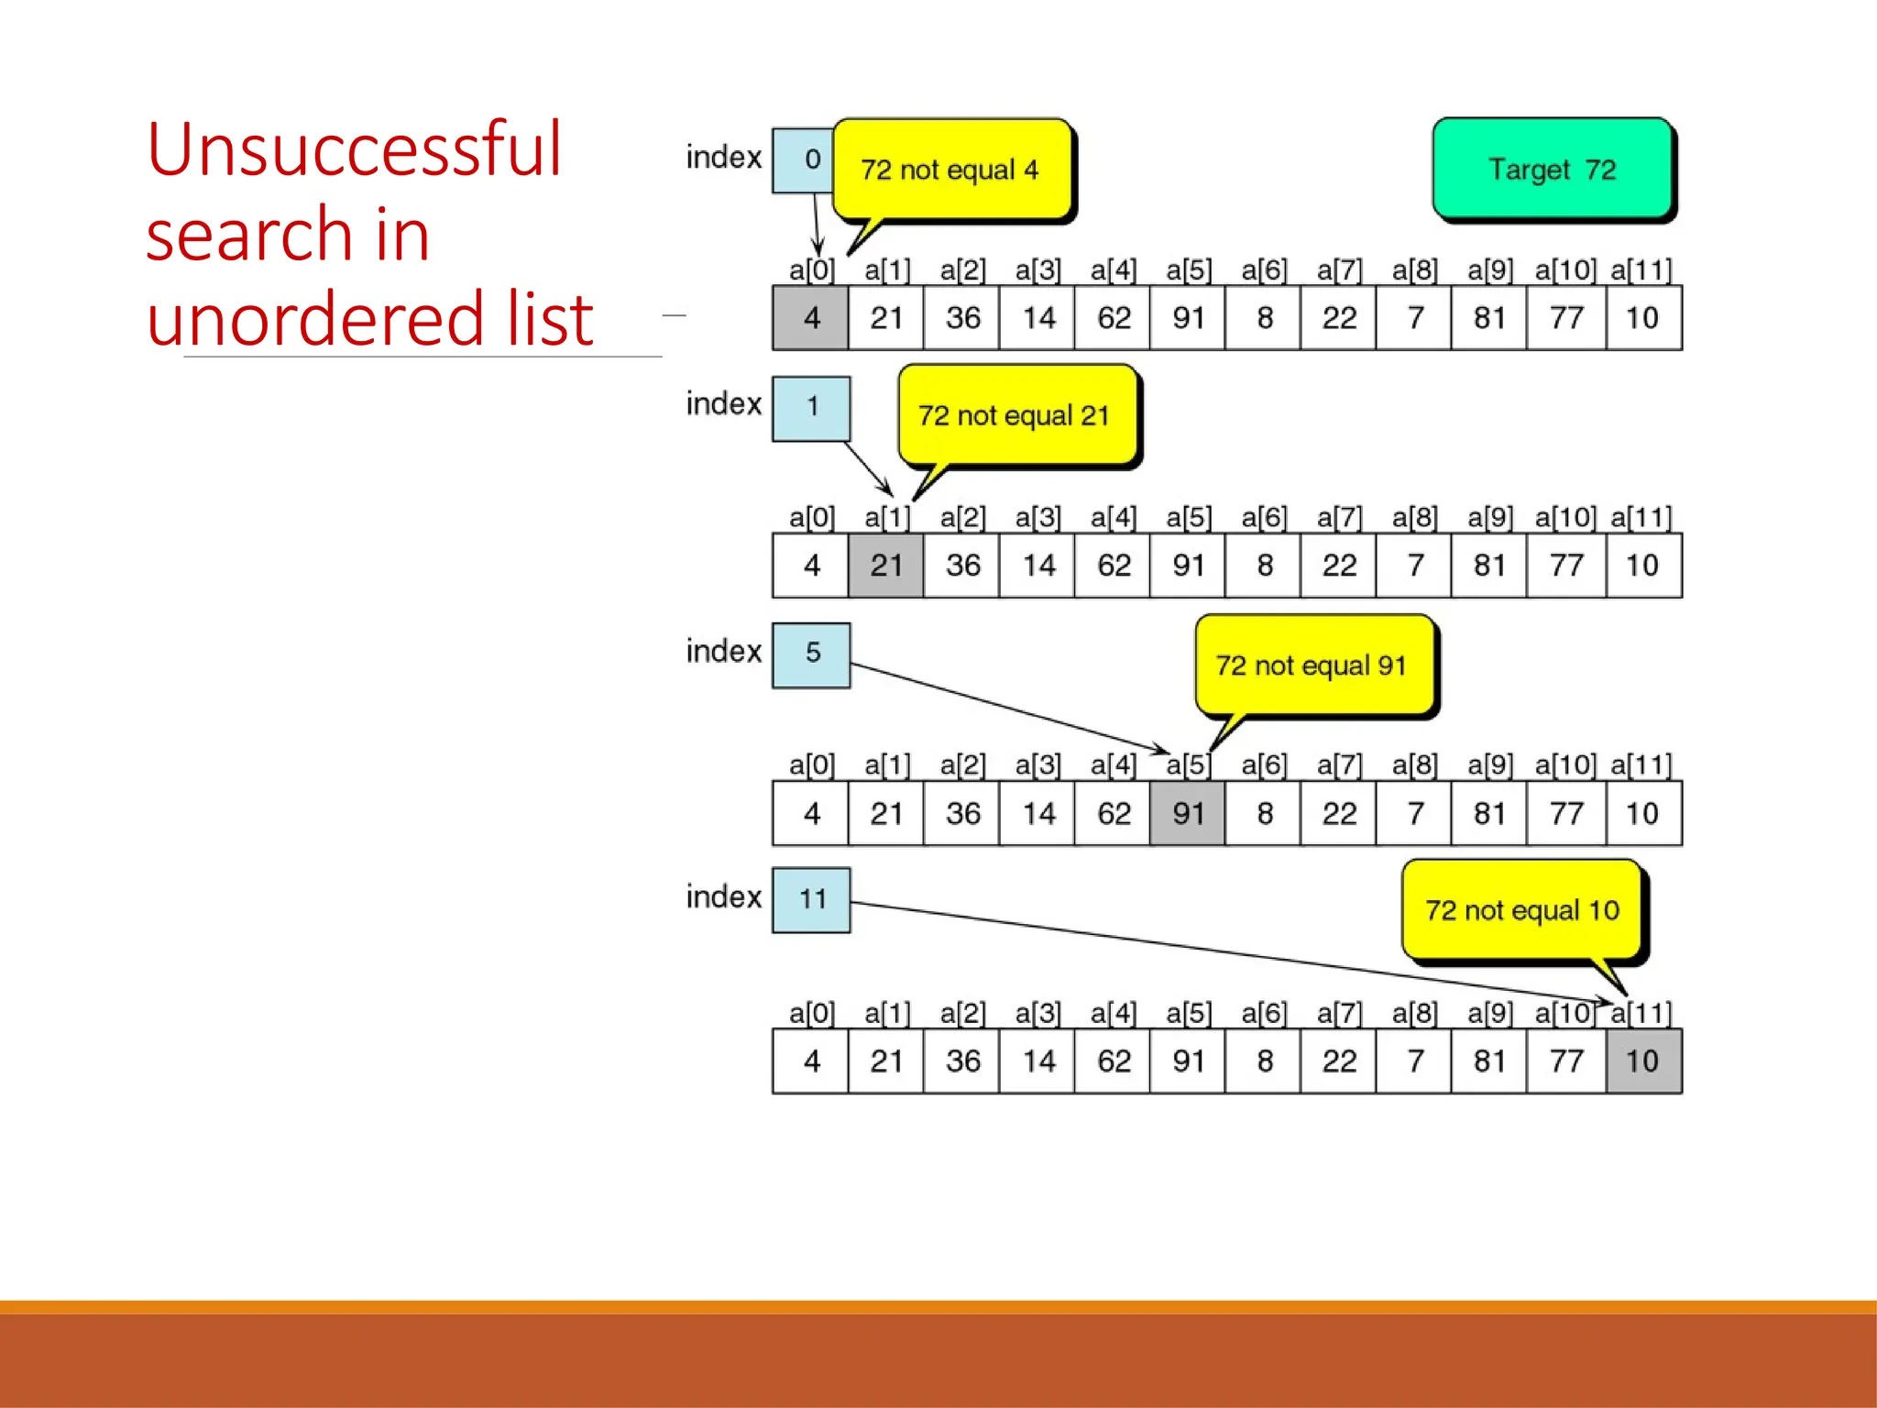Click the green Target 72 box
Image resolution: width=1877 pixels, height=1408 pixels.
click(x=1553, y=169)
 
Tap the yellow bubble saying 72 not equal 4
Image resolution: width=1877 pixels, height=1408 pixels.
click(x=951, y=170)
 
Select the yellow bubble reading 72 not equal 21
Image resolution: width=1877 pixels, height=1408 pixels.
click(x=1015, y=415)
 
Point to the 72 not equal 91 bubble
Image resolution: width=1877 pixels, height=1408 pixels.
click(x=1312, y=665)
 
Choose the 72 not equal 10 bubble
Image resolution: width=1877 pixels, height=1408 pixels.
click(x=1521, y=909)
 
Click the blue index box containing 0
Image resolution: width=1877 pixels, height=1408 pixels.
click(x=803, y=160)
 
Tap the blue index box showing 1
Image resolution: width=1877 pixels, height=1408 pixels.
click(x=811, y=408)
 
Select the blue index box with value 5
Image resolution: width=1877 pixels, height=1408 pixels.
click(x=811, y=654)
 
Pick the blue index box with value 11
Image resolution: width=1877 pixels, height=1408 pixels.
click(x=811, y=899)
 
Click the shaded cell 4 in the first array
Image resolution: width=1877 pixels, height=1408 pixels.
click(x=810, y=318)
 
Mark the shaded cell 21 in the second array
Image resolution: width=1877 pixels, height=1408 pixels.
click(x=885, y=566)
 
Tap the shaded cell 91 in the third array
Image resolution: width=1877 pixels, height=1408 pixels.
click(x=1187, y=813)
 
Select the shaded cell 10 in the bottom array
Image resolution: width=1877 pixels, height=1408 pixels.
click(x=1642, y=1061)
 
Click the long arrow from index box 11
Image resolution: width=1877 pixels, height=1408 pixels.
click(x=1228, y=951)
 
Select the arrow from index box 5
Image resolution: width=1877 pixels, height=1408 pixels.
click(x=1008, y=708)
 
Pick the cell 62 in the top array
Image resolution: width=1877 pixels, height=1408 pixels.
click(x=1113, y=318)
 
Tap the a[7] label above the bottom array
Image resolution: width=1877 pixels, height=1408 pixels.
click(x=1338, y=1013)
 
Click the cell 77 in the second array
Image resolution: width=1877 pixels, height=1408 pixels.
click(x=1566, y=566)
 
